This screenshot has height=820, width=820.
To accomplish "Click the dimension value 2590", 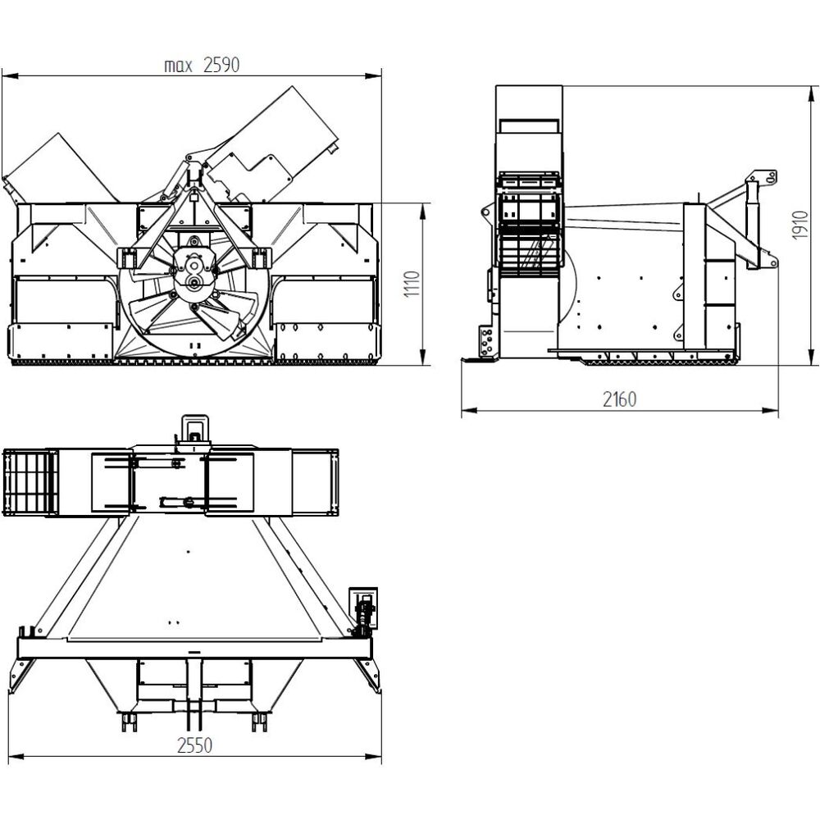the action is point(221,65).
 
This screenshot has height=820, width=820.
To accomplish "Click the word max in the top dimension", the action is point(178,66).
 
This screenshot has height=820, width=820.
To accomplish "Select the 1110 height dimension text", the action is point(412,284).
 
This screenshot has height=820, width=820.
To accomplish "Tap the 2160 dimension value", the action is point(620,399).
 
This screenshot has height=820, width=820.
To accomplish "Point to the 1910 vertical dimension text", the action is point(800,225).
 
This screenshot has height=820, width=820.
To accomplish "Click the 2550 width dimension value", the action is point(194,745).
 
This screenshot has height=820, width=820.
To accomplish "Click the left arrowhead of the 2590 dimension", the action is point(10,76).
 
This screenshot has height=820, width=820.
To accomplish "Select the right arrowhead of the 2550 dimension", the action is point(373,756).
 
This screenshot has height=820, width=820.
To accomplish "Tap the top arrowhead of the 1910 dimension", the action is point(812,94).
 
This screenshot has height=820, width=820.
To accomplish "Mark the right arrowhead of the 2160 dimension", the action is point(770,411).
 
